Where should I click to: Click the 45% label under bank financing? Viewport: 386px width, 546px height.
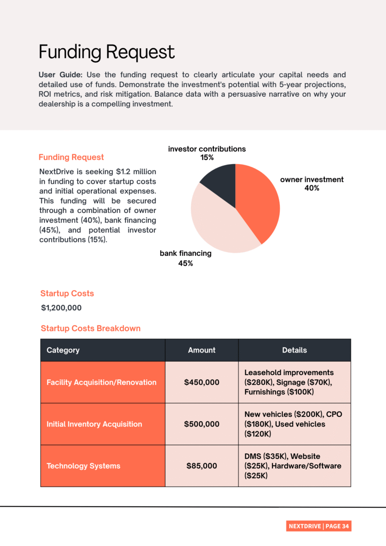coord(185,263)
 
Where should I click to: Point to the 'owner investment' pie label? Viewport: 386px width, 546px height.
coord(312,179)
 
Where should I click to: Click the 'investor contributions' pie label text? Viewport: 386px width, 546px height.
coord(207,149)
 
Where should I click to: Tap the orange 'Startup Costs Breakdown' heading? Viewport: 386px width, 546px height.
coord(90,328)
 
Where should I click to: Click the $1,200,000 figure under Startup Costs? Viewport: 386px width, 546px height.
coord(61,308)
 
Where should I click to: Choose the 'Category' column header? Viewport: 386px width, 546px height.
coord(63,350)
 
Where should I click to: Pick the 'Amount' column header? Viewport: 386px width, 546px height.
coord(202,350)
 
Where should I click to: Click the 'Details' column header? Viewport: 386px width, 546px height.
coord(294,350)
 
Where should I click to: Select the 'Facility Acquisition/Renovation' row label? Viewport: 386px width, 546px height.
coord(101,382)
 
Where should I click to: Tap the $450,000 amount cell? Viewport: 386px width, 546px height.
coord(202,382)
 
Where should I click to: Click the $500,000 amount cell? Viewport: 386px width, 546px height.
coord(202,424)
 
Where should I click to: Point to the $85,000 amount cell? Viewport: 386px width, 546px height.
coord(202,466)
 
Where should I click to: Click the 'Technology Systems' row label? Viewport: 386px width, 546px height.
coord(84,466)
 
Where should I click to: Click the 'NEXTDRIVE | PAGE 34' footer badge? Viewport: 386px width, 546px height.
coord(319,526)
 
